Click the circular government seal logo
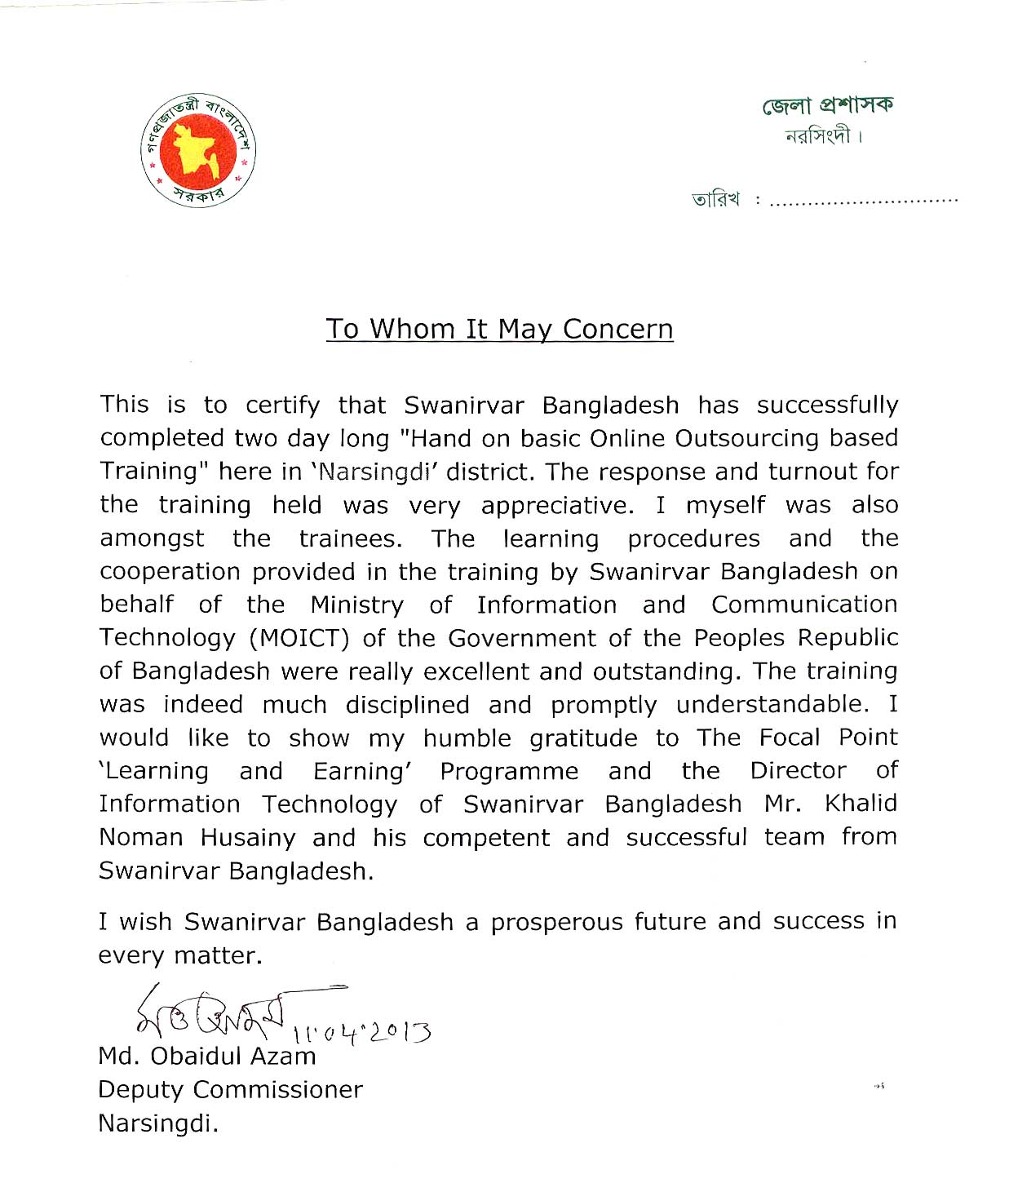(198, 150)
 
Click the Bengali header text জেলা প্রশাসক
(828, 105)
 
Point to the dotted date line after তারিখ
(863, 200)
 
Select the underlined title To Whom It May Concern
(499, 329)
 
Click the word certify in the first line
(282, 405)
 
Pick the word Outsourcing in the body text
(746, 438)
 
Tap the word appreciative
(557, 506)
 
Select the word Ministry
(356, 605)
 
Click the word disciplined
(407, 705)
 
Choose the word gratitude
(583, 738)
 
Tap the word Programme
(509, 772)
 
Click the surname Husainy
(248, 838)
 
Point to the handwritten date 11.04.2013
(361, 1032)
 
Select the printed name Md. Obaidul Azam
(206, 1057)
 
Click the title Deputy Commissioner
(230, 1090)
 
